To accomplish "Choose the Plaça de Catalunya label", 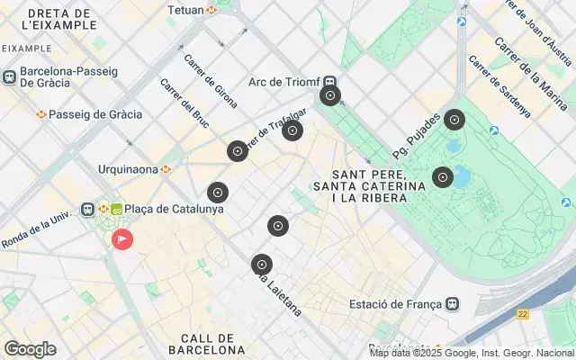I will pos(174,209).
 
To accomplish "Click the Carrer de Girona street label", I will pos(210,75).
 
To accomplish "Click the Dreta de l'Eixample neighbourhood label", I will pos(62,19).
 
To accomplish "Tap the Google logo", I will pos(30,348).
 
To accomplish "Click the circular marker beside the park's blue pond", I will pos(442,177).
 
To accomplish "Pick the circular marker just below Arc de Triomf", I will pos(330,95).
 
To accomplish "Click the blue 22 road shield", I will pos(523,314).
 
